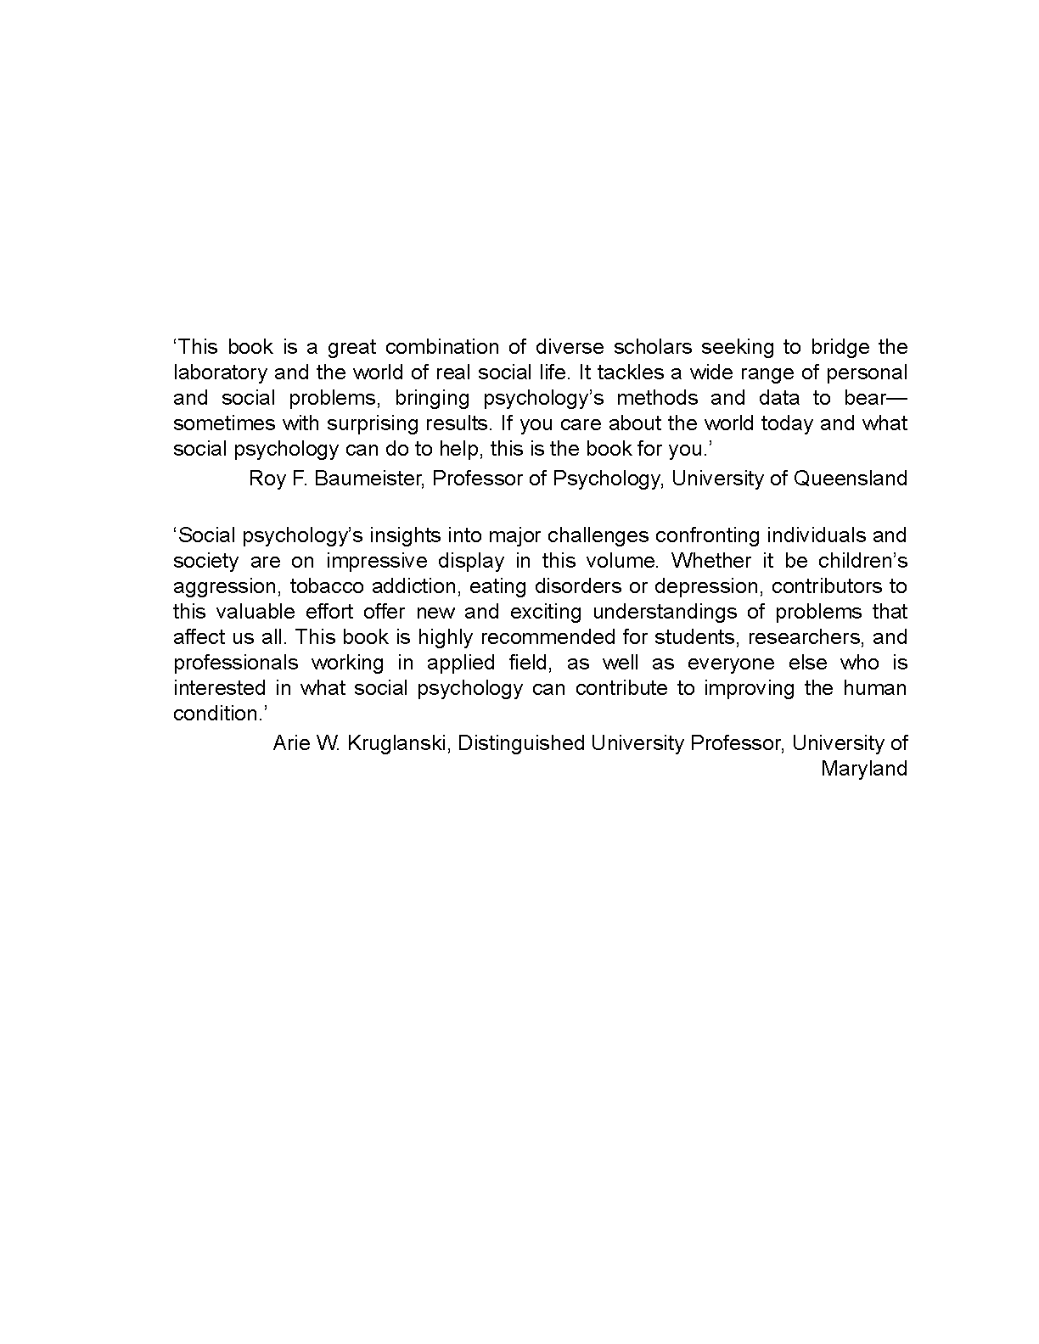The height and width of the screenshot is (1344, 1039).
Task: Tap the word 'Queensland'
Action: pyautogui.click(x=850, y=479)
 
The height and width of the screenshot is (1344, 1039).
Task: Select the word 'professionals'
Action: pyautogui.click(x=236, y=663)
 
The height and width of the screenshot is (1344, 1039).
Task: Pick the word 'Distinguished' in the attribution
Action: pyautogui.click(x=520, y=743)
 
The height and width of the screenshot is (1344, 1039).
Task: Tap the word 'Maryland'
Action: pyautogui.click(x=864, y=769)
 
